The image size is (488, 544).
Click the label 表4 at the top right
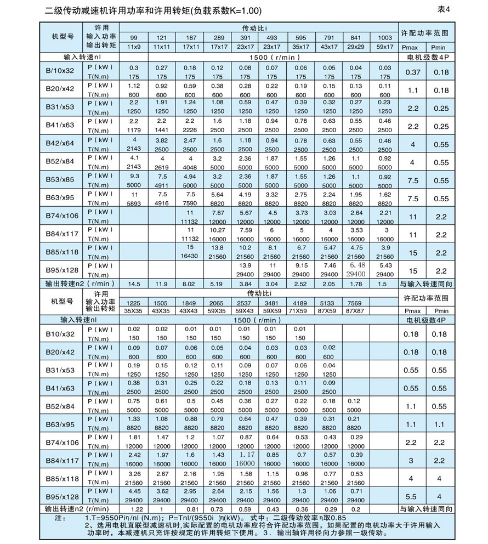coord(444,9)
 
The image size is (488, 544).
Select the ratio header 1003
coord(385,38)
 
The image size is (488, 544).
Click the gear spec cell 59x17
coord(385,47)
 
